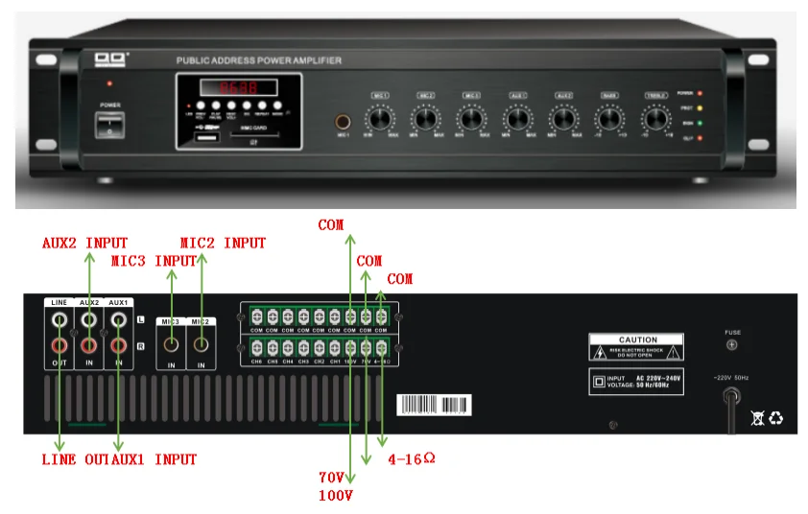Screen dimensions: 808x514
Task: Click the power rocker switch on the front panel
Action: click(111, 127)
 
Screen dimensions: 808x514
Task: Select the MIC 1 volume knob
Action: click(381, 118)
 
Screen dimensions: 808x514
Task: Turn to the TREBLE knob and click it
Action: click(655, 118)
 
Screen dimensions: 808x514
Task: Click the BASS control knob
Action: click(609, 118)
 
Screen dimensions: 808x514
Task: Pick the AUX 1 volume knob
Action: click(518, 118)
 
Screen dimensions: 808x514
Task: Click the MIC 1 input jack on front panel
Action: click(341, 123)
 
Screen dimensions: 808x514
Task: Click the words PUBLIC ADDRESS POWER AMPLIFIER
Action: click(259, 60)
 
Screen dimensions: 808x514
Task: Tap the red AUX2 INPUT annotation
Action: click(84, 243)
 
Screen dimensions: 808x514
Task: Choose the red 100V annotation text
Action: click(336, 496)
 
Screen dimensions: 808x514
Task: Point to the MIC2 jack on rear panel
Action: click(202, 341)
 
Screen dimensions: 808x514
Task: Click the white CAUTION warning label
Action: click(637, 346)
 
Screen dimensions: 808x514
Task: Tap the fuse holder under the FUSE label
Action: click(732, 344)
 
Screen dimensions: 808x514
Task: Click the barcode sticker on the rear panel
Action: click(434, 402)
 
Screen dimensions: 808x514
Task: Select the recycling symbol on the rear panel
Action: click(775, 417)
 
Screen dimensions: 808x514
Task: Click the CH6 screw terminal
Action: click(257, 347)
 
